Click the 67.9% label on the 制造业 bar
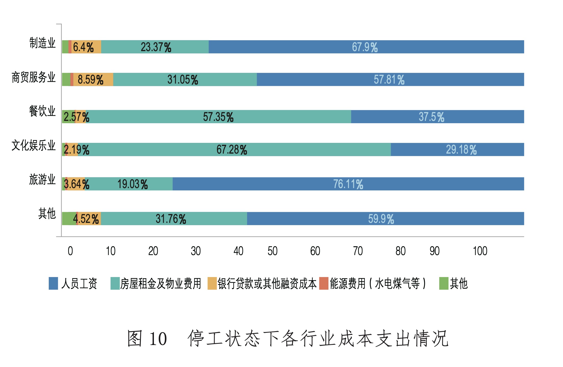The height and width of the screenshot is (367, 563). tap(364, 47)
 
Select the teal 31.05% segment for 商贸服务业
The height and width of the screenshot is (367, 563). tap(183, 79)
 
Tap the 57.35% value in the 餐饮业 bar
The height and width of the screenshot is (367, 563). tap(218, 117)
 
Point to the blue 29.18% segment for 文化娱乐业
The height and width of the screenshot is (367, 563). tap(461, 150)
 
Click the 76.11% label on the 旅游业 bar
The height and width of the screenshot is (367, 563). tap(348, 184)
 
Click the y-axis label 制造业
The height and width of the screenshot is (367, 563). tap(42, 43)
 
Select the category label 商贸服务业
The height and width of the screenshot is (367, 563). tap(33, 77)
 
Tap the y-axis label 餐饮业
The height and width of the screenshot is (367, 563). tap(42, 111)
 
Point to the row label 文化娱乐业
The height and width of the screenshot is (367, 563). tap(33, 145)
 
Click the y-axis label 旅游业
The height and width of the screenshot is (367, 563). tap(42, 179)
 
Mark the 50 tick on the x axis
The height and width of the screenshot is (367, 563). tap(272, 251)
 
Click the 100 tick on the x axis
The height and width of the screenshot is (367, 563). tap(480, 251)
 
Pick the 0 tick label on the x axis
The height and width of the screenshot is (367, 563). tap(70, 251)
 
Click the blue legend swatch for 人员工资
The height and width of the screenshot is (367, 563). tap(53, 283)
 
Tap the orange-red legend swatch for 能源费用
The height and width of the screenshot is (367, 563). tap(324, 283)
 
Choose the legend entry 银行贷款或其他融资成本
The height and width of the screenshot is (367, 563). tap(267, 283)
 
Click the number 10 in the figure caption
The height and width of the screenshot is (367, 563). tap(158, 339)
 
